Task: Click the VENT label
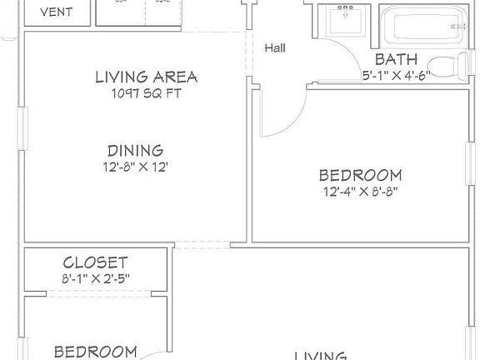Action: [56, 12]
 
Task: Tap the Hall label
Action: [275, 47]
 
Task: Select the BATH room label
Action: [396, 59]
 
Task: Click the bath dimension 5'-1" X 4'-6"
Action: [396, 74]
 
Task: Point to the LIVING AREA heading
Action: [147, 77]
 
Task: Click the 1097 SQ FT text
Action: [147, 93]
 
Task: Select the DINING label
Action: [134, 151]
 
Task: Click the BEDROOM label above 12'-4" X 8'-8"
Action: [361, 175]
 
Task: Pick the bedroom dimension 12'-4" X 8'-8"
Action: [361, 192]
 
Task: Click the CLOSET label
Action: [95, 262]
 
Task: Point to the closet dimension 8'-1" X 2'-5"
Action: [95, 277]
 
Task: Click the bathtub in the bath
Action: [421, 25]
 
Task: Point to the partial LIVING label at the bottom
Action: [321, 355]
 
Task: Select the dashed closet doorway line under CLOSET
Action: [95, 292]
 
